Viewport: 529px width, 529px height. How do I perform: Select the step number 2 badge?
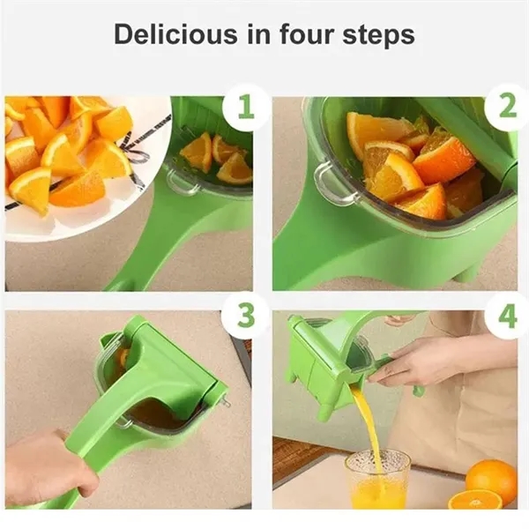(x=507, y=107)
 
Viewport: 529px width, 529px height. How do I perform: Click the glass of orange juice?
(x=377, y=480)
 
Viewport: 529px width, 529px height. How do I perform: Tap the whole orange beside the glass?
(x=491, y=481)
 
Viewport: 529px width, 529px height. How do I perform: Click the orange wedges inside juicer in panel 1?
(x=216, y=157)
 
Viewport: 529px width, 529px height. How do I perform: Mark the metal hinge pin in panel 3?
(x=224, y=402)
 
